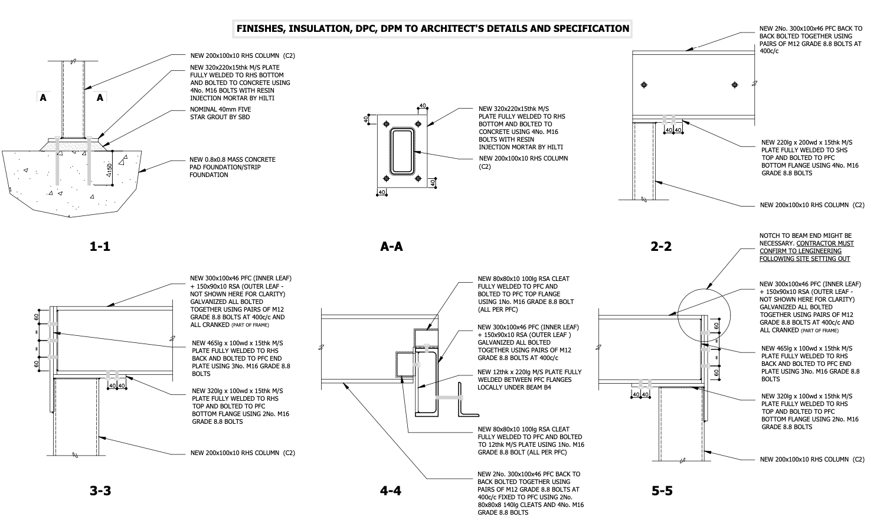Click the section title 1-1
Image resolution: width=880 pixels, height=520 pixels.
(100, 247)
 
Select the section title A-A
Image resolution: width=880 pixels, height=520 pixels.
(391, 247)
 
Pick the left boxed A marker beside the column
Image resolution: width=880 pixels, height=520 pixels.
(42, 98)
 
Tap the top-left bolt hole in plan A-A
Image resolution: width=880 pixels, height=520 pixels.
(387, 124)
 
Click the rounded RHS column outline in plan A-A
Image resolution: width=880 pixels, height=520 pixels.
(403, 152)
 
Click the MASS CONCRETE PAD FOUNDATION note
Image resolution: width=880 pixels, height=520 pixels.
(232, 167)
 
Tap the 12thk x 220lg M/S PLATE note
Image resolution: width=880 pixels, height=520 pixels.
(529, 380)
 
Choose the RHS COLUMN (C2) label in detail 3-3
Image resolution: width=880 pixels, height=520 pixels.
(242, 453)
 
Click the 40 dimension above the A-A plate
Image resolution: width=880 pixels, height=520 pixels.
(423, 106)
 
